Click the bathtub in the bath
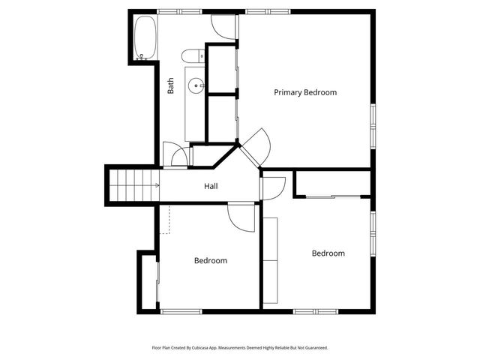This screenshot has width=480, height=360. [x=145, y=37]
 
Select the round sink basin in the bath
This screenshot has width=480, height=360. [x=198, y=85]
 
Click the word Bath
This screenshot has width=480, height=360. [x=171, y=87]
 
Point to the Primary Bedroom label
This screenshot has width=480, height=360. [x=304, y=93]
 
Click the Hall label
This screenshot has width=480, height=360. [x=211, y=186]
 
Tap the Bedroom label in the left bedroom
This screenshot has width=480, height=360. [x=210, y=261]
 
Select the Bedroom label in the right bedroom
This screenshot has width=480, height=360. [x=328, y=253]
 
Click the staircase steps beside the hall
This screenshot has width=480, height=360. [x=132, y=185]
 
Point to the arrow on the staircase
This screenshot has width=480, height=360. [x=156, y=185]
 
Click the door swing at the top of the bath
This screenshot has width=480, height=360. [x=223, y=28]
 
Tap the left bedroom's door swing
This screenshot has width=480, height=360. [x=241, y=217]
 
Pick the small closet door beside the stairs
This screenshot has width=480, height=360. [x=178, y=156]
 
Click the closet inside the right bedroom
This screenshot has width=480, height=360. [x=331, y=184]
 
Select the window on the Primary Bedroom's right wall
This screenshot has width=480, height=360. [x=372, y=127]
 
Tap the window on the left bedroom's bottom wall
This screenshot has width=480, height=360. [x=181, y=311]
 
